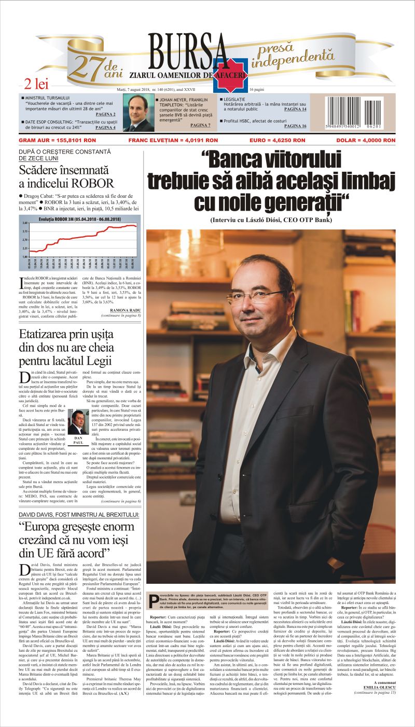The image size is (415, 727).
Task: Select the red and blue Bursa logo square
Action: (x=229, y=76)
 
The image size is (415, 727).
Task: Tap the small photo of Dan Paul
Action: (x=77, y=422)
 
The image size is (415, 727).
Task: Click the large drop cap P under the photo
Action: (x=154, y=601)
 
